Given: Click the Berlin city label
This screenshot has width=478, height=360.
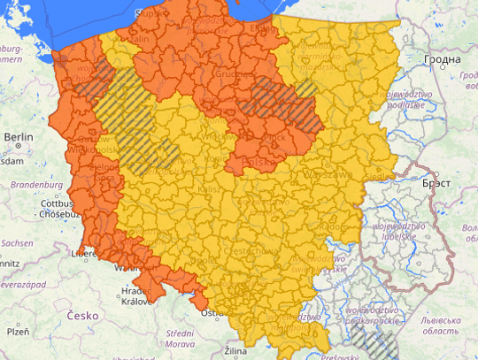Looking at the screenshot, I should tap(19, 137).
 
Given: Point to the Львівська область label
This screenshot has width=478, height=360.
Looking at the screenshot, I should tap(443, 325).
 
